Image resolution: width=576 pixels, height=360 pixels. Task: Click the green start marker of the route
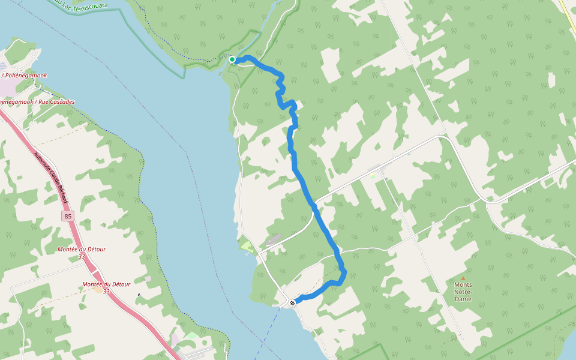point(232,59)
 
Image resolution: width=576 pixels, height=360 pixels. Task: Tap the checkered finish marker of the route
point(292,302)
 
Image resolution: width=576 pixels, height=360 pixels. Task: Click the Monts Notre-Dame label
point(463,292)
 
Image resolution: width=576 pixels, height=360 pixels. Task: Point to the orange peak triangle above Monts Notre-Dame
point(463,278)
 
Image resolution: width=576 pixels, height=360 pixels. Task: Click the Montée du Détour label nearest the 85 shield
point(82,252)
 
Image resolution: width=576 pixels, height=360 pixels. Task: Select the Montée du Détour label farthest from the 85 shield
point(106,287)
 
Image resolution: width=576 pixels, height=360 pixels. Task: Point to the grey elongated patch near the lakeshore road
point(274,239)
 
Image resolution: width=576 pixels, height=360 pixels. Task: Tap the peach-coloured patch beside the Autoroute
point(98,290)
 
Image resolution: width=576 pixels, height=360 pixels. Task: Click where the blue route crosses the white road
point(313,206)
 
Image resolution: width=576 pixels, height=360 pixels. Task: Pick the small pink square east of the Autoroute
point(148,279)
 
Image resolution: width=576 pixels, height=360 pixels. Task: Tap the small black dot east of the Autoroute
point(139,295)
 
